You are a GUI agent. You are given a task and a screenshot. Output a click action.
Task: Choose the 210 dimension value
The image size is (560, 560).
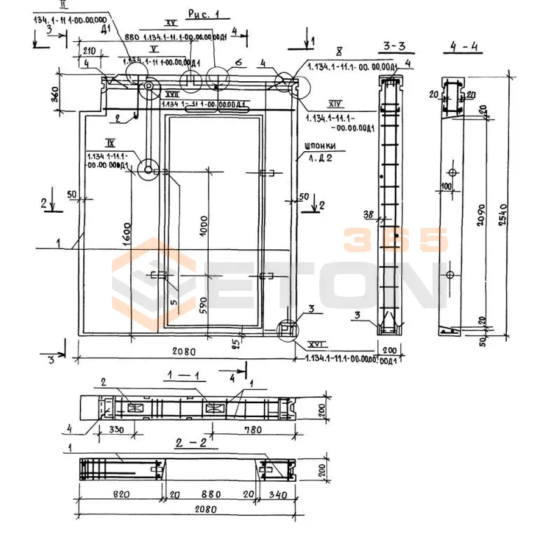point(89,51)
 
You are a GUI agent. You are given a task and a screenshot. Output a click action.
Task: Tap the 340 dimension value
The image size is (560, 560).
point(277,494)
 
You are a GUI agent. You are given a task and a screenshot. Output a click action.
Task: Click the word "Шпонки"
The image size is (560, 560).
point(321,146)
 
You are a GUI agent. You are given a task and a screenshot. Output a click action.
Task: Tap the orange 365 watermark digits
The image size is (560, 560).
point(395,240)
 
